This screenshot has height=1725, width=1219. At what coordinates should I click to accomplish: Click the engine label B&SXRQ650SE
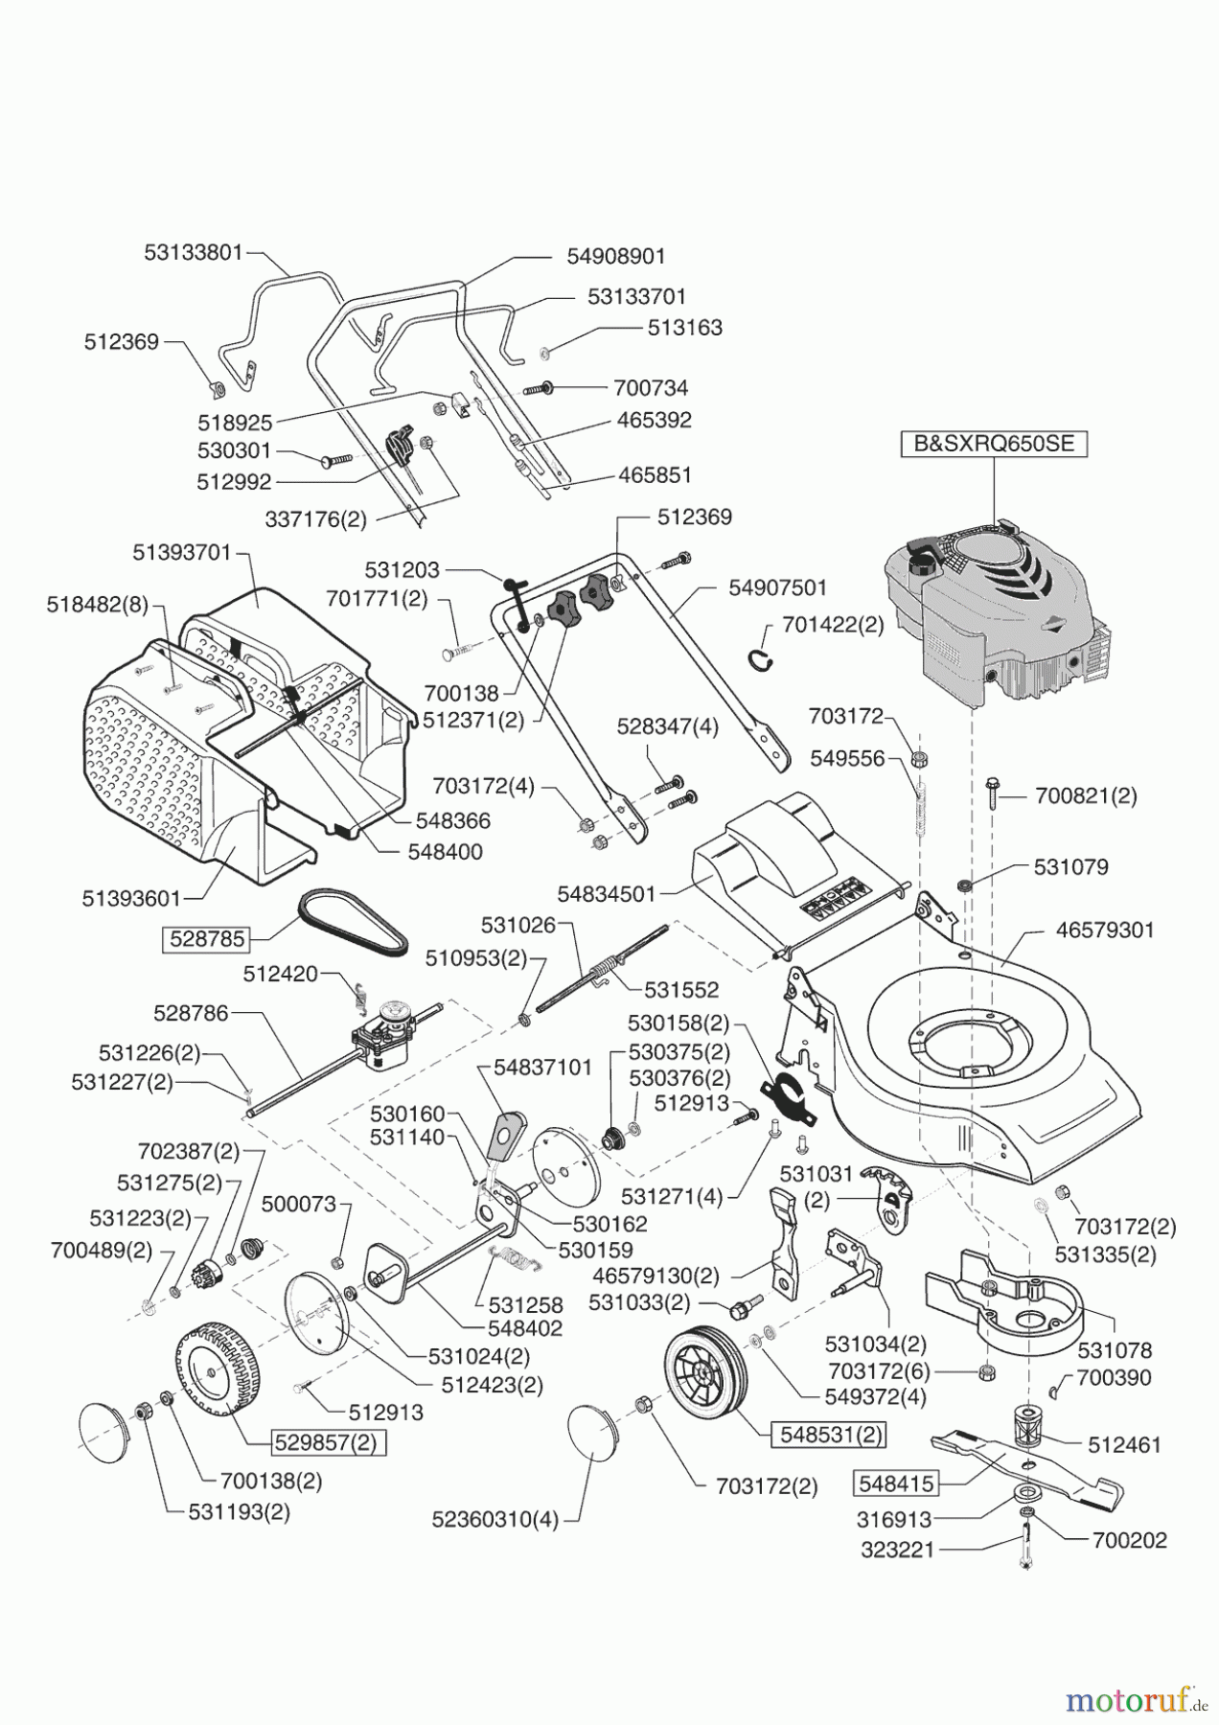pyautogui.click(x=994, y=445)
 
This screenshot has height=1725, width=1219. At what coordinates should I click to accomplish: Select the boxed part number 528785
pyautogui.click(x=207, y=938)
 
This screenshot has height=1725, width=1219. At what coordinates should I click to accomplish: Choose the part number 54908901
pyautogui.click(x=615, y=257)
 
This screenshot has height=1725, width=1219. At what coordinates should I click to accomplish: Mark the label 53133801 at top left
pyautogui.click(x=194, y=253)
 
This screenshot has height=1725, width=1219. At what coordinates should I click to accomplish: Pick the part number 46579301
pyautogui.click(x=1105, y=930)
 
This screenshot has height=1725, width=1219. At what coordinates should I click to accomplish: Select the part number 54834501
pyautogui.click(x=606, y=893)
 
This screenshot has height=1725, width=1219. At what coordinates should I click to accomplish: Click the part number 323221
pyautogui.click(x=898, y=1549)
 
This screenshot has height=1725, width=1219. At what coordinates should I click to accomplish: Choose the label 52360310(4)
pyautogui.click(x=494, y=1519)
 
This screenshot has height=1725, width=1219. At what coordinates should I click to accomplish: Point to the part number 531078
pyautogui.click(x=1115, y=1350)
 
